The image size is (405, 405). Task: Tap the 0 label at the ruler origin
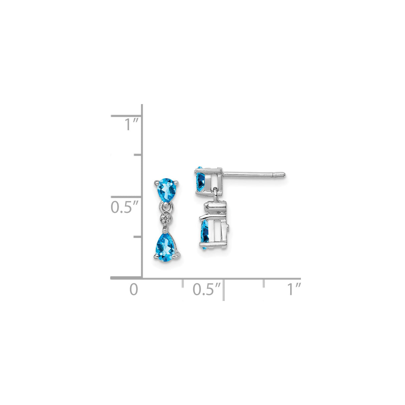pos(133,289)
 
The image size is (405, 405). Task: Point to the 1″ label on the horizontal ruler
pos(295,289)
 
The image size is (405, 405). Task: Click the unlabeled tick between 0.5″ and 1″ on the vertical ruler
pos(138,155)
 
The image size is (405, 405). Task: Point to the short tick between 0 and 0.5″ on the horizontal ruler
pos(182,283)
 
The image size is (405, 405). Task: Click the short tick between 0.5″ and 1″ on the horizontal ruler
pos(264,283)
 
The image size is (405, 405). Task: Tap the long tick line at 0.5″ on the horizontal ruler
pos(224,289)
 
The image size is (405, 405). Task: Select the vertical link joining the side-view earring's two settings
pos(217,195)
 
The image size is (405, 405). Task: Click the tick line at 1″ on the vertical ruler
pos(127,116)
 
